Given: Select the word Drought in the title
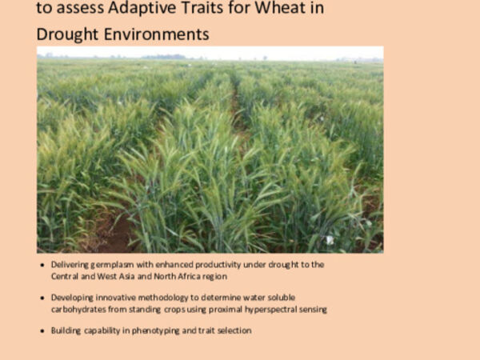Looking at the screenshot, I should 70,34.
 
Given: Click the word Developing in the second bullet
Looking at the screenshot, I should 72,297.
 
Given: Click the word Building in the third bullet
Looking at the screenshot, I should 66,330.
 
